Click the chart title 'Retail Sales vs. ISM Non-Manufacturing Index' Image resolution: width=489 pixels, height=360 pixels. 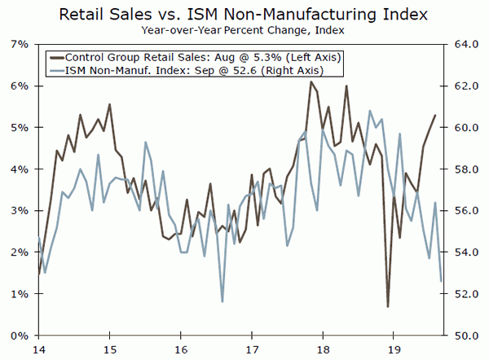244,14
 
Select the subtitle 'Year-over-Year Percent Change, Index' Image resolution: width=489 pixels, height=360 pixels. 244,30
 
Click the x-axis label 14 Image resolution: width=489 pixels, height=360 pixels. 38,349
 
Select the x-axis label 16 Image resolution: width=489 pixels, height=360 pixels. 180,349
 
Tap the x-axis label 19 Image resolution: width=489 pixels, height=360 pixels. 393,349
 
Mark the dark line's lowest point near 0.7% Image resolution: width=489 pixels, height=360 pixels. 388,306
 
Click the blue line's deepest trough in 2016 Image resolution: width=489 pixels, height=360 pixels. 222,302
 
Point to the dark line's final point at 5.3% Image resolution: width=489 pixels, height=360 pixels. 435,116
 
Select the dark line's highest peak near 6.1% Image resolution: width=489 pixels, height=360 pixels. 311,81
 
